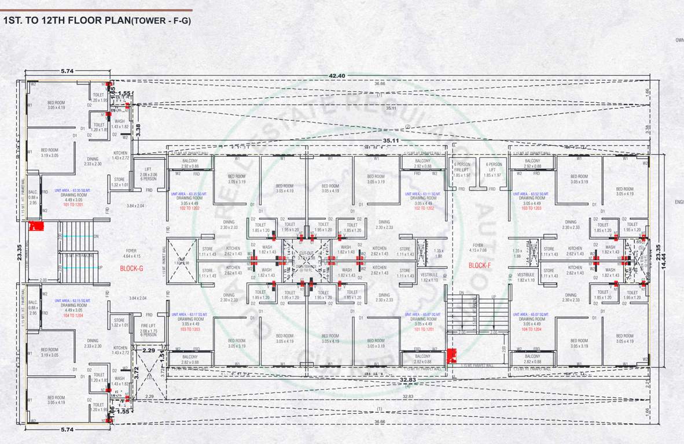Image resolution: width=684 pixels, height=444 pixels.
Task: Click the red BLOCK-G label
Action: point(132,268)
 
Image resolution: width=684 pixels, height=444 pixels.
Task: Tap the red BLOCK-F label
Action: point(480,265)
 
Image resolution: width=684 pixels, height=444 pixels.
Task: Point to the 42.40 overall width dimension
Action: point(337,76)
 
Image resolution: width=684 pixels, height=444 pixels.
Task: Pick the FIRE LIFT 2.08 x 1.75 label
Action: point(149,330)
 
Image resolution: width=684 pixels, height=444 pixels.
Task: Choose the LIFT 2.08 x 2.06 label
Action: point(149,174)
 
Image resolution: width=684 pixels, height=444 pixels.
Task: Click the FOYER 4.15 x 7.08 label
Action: point(478,247)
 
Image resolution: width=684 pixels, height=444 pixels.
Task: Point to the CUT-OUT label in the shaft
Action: point(307,253)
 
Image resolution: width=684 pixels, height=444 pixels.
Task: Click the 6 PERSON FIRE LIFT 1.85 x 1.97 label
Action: point(461,169)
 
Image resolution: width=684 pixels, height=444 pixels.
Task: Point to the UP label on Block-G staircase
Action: point(101,268)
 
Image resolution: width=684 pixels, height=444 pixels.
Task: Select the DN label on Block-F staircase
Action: point(461,293)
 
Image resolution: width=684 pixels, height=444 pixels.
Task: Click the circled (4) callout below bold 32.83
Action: point(407,386)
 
